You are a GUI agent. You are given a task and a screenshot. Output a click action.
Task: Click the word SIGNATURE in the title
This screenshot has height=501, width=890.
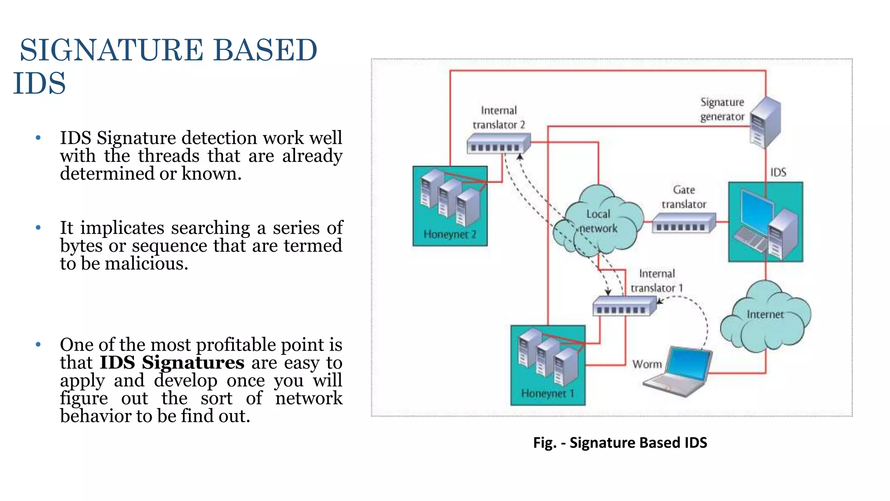(x=112, y=50)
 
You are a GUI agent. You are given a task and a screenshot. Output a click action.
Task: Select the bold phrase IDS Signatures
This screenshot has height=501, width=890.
(x=172, y=363)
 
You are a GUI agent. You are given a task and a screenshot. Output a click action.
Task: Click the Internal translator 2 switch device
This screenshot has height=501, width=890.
(x=498, y=144)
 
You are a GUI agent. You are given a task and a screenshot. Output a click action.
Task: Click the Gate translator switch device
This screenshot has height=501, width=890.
(x=683, y=223)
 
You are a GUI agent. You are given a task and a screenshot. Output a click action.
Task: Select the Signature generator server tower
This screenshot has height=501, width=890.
(x=766, y=123)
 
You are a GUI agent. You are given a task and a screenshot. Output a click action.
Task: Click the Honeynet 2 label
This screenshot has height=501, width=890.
(x=450, y=234)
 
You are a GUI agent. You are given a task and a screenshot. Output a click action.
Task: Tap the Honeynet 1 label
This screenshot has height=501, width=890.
(x=548, y=394)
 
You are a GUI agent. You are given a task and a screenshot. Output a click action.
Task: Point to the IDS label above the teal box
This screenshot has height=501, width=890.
(x=778, y=173)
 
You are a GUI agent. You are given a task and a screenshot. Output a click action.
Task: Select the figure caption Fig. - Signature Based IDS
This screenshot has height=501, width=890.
(x=620, y=443)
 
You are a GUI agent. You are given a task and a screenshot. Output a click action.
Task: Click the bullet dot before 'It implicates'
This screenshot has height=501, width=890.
(x=38, y=227)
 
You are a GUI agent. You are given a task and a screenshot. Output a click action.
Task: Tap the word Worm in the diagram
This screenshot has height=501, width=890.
(x=647, y=364)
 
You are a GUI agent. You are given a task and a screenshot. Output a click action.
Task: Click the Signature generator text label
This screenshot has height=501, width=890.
(x=722, y=109)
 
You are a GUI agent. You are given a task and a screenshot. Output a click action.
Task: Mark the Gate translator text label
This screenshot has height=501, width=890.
(x=684, y=197)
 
